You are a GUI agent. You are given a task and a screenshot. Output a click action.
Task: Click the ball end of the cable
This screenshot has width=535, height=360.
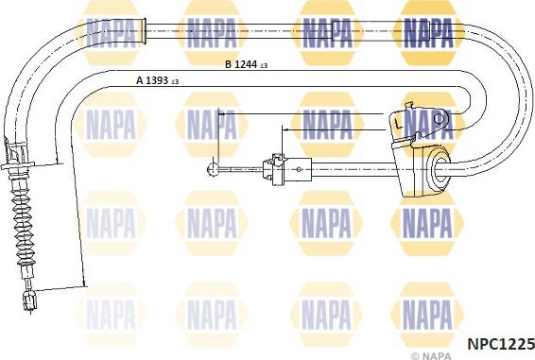coord(209,171)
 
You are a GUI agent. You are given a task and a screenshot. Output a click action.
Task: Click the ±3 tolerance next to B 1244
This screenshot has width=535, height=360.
coord(264,66)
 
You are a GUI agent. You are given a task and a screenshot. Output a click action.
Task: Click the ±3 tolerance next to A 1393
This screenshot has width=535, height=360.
coord(176,83)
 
